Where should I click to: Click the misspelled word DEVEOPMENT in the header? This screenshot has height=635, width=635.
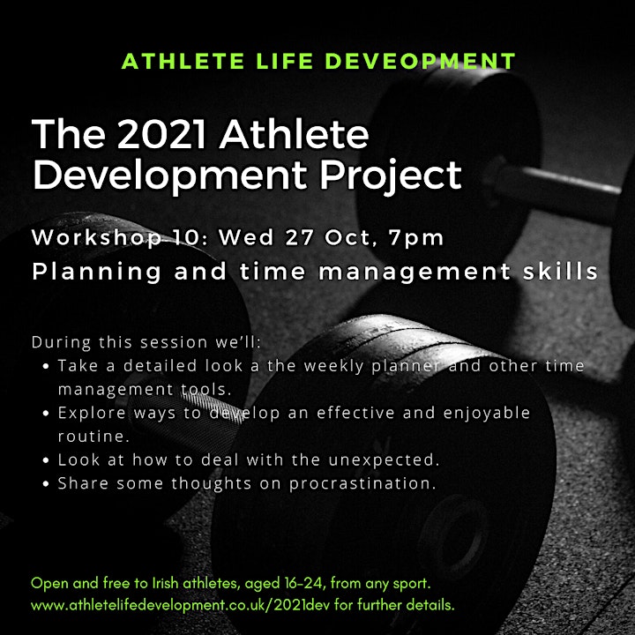point(420,61)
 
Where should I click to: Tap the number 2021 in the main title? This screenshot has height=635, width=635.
point(161,134)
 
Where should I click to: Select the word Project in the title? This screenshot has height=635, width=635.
point(391,175)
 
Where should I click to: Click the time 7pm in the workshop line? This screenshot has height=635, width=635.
point(416,238)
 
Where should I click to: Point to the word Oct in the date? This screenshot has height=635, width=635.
point(347,237)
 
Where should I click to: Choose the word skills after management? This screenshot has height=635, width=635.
point(560,271)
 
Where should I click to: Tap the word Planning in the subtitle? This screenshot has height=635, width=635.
point(97,272)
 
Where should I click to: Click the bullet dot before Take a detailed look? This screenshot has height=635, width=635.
point(45,367)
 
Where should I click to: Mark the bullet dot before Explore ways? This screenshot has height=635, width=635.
point(45,414)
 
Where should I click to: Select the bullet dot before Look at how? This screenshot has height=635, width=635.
point(45,460)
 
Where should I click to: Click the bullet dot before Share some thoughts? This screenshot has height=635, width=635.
point(45,484)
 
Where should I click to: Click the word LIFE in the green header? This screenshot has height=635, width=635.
point(285,61)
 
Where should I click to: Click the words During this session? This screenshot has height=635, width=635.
point(119,342)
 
